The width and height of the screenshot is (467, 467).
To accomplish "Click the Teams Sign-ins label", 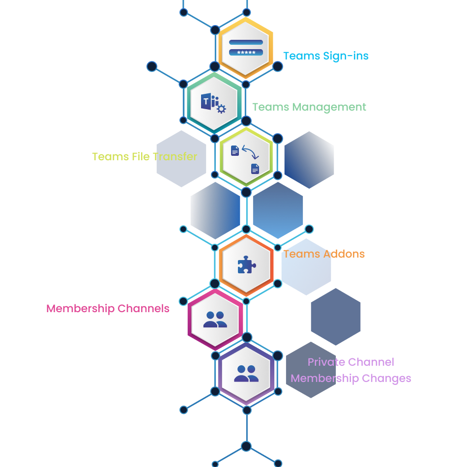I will tap(325, 56).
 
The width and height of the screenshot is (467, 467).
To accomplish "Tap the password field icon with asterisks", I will tap(246, 48).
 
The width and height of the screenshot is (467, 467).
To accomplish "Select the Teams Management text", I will tap(309, 107).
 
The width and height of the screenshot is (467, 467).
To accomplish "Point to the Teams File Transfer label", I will tap(145, 157).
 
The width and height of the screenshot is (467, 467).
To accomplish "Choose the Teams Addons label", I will tap(324, 254).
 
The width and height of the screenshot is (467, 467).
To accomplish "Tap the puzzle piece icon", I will tap(246, 265).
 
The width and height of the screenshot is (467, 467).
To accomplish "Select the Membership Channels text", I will tap(108, 309).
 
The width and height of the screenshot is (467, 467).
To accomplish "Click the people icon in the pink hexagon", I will tap(215, 320).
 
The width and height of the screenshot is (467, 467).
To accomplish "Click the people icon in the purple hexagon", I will tap(246, 374).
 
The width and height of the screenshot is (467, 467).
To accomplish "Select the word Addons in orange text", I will tap(344, 254).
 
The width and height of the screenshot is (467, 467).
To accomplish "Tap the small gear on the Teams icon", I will tap(221, 109).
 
